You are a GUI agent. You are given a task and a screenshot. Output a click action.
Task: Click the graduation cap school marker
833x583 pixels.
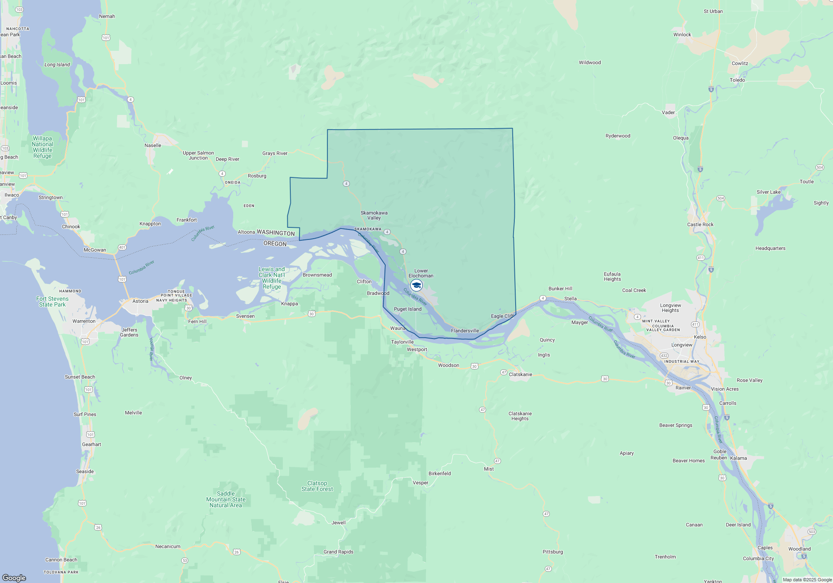pyautogui.click(x=416, y=285)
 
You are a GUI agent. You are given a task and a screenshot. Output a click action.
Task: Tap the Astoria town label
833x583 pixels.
pyautogui.click(x=140, y=301)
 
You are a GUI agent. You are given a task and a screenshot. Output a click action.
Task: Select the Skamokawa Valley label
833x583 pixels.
pyautogui.click(x=374, y=215)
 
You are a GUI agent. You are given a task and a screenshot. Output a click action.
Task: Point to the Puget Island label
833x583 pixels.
pyautogui.click(x=408, y=309)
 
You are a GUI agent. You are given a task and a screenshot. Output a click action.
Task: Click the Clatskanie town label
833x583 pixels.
pyautogui.click(x=521, y=374)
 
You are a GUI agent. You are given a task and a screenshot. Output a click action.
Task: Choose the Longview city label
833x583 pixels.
pyautogui.click(x=682, y=345)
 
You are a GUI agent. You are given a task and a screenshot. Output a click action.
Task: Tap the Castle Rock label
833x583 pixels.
pyautogui.click(x=700, y=224)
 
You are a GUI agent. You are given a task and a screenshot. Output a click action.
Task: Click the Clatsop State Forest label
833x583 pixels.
pyautogui.click(x=317, y=486)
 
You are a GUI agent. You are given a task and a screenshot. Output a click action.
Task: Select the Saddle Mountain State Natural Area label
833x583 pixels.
pyautogui.click(x=226, y=499)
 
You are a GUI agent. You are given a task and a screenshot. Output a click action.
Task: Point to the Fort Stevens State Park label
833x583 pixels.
pyautogui.click(x=52, y=301)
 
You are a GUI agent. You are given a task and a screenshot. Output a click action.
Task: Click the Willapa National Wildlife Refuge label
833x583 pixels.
pyautogui.click(x=42, y=147)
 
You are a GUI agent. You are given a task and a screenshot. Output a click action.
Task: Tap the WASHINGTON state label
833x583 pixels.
pyautogui.click(x=276, y=233)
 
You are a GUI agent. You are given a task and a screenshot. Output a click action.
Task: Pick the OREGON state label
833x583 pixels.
pyautogui.click(x=275, y=244)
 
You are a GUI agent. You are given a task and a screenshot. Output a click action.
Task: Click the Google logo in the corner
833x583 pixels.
pyautogui.click(x=14, y=578)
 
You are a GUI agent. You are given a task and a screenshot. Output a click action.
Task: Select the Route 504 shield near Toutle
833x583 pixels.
pyautogui.click(x=820, y=167)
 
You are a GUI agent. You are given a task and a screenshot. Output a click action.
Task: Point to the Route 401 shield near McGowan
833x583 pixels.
pyautogui.click(x=122, y=247)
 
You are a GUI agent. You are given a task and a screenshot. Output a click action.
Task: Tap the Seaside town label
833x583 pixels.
pyautogui.click(x=85, y=471)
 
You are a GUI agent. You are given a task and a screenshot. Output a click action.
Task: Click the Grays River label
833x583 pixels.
pyautogui.click(x=275, y=153)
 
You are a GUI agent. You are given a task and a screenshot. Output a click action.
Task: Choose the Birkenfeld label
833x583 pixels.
pyautogui.click(x=440, y=473)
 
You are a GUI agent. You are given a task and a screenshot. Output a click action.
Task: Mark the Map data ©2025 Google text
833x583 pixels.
pyautogui.click(x=807, y=580)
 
